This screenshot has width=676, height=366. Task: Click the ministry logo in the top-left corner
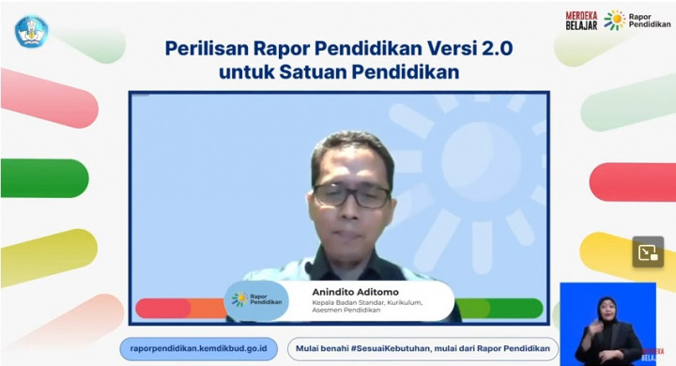click(31, 32)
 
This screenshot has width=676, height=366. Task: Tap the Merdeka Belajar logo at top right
click(581, 20)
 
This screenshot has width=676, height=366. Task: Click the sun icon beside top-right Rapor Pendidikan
click(614, 20)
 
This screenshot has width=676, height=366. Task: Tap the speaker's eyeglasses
click(351, 195)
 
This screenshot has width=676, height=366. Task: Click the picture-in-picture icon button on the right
click(647, 252)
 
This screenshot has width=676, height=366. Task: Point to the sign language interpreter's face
click(606, 311)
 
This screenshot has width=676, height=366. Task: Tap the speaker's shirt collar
click(352, 264)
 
